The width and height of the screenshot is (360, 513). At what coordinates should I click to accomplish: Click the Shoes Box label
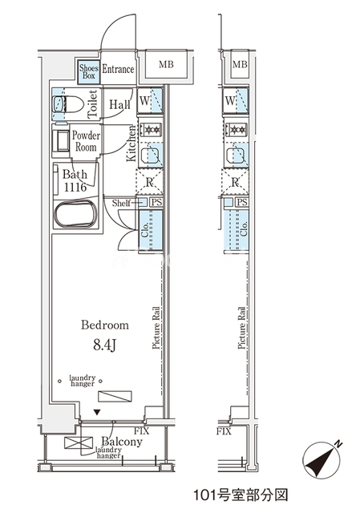89,71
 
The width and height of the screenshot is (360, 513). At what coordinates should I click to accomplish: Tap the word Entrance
118,69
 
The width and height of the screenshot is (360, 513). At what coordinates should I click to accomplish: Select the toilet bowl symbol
68,104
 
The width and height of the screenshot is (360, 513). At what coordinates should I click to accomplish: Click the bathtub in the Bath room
75,214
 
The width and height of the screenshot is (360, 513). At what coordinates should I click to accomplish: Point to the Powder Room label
86,141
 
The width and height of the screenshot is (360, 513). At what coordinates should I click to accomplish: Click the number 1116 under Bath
75,187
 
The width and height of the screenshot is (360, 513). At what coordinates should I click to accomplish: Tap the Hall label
119,105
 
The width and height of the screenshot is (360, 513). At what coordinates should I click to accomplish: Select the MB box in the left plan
166,64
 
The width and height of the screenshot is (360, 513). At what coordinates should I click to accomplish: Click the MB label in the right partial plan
240,64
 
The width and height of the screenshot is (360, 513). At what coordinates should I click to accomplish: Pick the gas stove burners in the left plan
152,130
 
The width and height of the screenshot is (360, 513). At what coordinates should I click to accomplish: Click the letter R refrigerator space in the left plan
149,182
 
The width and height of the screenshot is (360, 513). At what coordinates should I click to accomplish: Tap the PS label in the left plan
156,202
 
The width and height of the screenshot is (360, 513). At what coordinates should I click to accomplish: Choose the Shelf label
121,203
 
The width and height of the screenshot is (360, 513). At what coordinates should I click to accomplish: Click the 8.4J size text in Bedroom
104,345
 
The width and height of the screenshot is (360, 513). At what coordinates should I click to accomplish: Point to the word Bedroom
105,325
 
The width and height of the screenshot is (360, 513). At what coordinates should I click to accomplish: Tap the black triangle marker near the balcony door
96,413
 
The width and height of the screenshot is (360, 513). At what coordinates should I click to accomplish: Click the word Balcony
122,442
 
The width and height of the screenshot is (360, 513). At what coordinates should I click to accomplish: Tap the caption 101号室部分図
241,495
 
